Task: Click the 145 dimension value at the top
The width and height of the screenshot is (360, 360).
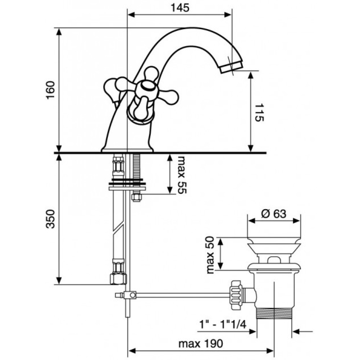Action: coord(180,8)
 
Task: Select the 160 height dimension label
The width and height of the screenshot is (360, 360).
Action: coord(51,90)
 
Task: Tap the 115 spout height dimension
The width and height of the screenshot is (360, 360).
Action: coord(260,112)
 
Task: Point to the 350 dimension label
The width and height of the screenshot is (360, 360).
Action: coord(51,219)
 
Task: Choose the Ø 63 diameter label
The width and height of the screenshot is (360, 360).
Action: coord(274,214)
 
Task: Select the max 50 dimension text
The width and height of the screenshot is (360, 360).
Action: coord(210,255)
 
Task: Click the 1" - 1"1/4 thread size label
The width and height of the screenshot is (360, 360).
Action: coord(222,324)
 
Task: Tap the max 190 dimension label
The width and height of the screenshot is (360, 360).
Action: coord(201,344)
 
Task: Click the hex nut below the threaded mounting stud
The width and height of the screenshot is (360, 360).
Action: coord(136,197)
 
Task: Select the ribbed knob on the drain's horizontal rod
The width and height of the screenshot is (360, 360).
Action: coord(236,295)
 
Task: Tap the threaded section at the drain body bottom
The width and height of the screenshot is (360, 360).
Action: coord(274,313)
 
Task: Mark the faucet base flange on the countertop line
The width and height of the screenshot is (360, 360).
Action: coord(127,150)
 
